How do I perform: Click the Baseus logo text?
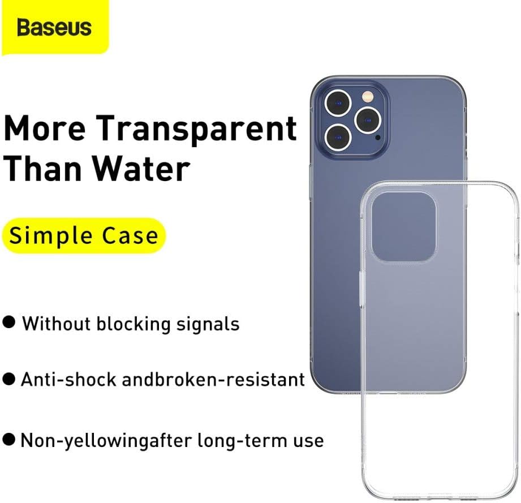coord(54,27)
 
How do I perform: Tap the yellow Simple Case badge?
coord(84,235)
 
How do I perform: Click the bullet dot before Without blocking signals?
coord(10,323)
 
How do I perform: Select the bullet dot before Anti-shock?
coord(10,379)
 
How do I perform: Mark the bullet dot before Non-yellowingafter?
coord(10,439)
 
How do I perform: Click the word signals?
coord(207,324)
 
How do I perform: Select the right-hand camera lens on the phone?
coord(366,119)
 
